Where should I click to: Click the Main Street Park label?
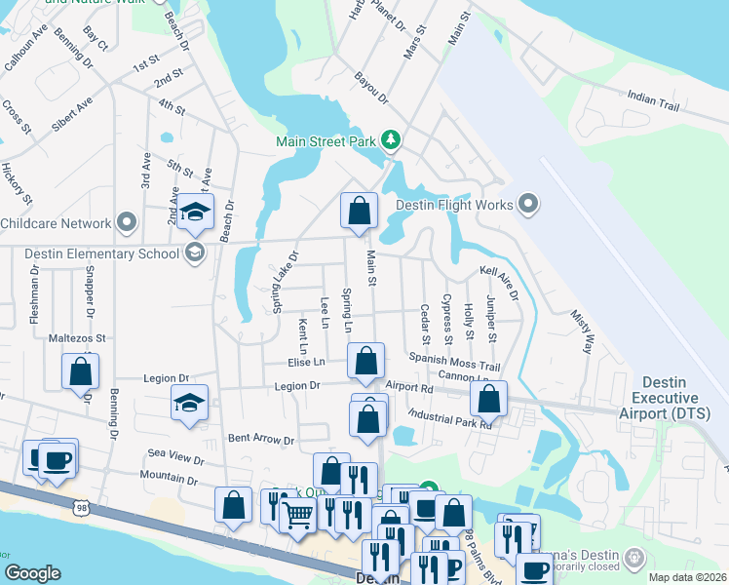(326, 141)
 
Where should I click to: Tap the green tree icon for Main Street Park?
(391, 141)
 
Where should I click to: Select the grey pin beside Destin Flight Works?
(529, 204)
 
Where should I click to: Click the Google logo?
(33, 573)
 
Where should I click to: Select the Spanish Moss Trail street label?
(454, 360)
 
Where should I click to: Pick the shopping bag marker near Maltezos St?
(80, 370)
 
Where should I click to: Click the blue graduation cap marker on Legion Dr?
(189, 403)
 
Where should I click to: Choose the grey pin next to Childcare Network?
(127, 223)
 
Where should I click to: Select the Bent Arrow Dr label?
(261, 441)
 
